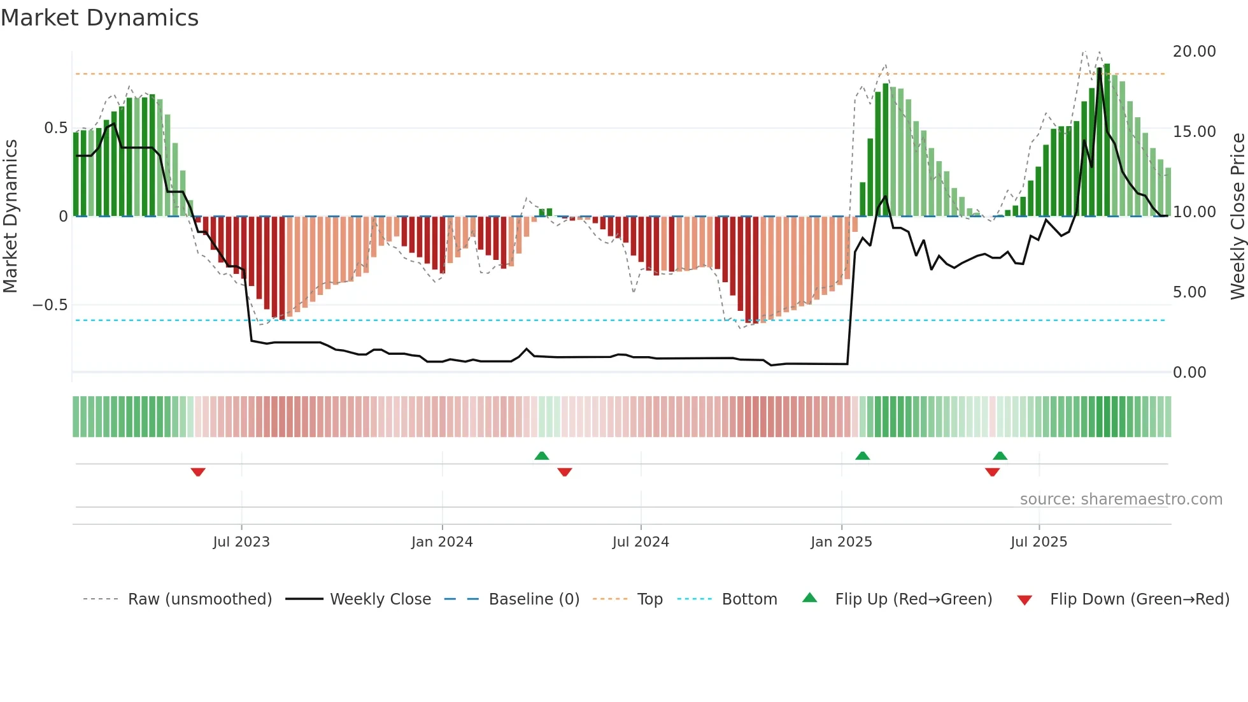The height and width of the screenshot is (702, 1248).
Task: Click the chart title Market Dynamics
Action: [x=99, y=18]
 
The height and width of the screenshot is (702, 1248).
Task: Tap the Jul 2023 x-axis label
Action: [x=241, y=542]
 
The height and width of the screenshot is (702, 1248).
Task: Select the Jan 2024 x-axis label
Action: [x=442, y=542]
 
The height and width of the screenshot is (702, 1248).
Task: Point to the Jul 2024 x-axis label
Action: [x=641, y=542]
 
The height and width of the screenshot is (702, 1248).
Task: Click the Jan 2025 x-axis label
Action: [x=841, y=542]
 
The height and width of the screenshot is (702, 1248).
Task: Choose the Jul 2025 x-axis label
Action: [x=1039, y=542]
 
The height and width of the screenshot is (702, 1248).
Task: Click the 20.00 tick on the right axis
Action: [x=1194, y=52]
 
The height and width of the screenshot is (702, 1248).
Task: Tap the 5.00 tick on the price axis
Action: [x=1189, y=292]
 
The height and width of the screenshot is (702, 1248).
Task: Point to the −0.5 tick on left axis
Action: [x=50, y=305]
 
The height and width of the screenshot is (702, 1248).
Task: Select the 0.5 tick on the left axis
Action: [x=55, y=128]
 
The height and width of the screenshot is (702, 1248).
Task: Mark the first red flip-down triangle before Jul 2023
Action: [x=198, y=472]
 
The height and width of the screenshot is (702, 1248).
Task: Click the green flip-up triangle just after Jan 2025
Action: [x=862, y=455]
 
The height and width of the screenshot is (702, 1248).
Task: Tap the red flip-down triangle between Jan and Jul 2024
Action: [x=565, y=472]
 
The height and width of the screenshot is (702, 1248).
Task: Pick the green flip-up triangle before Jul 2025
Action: [x=1000, y=455]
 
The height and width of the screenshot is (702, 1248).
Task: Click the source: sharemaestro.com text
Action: [x=1121, y=499]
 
